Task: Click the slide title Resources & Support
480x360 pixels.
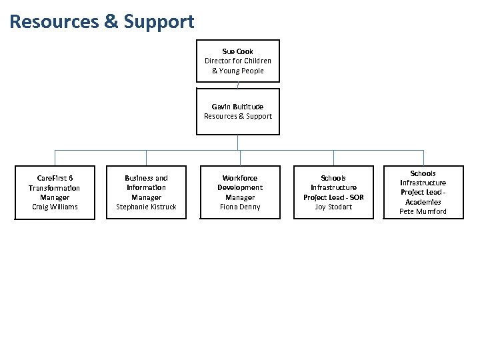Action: pyautogui.click(x=102, y=21)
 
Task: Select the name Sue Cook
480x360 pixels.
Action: pyautogui.click(x=238, y=51)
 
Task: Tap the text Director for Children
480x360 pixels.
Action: pyautogui.click(x=238, y=61)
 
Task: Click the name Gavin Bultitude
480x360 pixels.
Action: pyautogui.click(x=238, y=107)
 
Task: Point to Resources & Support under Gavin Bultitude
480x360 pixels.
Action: pyautogui.click(x=238, y=116)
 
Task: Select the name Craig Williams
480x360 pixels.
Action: pyautogui.click(x=55, y=207)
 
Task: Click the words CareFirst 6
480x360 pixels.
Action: pyautogui.click(x=55, y=179)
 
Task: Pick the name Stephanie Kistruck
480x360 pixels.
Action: pyautogui.click(x=146, y=207)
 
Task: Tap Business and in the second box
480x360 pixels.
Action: pyautogui.click(x=146, y=178)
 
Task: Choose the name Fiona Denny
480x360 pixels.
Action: pyautogui.click(x=239, y=207)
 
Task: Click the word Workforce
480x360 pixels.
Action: pyautogui.click(x=239, y=178)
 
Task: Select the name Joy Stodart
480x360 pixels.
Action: pyautogui.click(x=333, y=207)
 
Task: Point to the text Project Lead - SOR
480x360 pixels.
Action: pyautogui.click(x=333, y=197)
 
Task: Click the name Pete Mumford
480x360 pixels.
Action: pyautogui.click(x=423, y=211)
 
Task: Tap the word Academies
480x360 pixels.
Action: pyautogui.click(x=423, y=202)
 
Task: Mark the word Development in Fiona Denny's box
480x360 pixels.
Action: pyautogui.click(x=239, y=187)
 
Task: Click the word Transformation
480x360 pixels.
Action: pyautogui.click(x=55, y=188)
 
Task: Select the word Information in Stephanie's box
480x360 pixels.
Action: pyautogui.click(x=146, y=187)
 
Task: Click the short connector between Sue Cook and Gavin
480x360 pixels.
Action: pyautogui.click(x=238, y=85)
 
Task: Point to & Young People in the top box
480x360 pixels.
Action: pyautogui.click(x=238, y=71)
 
